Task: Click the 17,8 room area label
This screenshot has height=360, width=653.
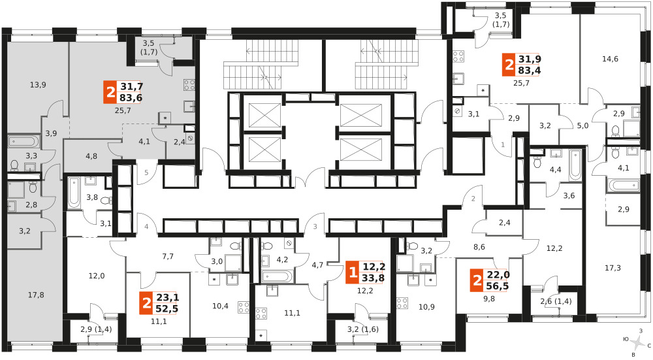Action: tap(36, 295)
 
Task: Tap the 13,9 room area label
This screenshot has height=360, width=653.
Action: tap(38, 85)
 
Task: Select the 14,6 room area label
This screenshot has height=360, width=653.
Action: tap(610, 59)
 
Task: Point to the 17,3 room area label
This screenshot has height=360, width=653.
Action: tap(613, 268)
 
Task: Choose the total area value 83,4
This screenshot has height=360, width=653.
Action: tap(530, 71)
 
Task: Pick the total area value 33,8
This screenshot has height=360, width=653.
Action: tap(374, 278)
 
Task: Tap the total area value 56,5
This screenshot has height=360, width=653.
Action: tap(498, 286)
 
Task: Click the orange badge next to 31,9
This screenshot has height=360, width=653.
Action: tap(509, 65)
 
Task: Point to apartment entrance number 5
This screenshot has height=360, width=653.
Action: tap(146, 172)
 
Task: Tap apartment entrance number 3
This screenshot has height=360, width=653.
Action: tap(315, 227)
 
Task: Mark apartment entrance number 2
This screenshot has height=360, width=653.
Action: tap(473, 199)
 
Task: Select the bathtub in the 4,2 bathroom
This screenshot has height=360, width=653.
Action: tap(278, 276)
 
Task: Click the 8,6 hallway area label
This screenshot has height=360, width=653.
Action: tap(479, 247)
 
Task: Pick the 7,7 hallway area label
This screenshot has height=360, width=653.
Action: tap(168, 257)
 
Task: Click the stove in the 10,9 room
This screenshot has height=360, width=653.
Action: tap(402, 303)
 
